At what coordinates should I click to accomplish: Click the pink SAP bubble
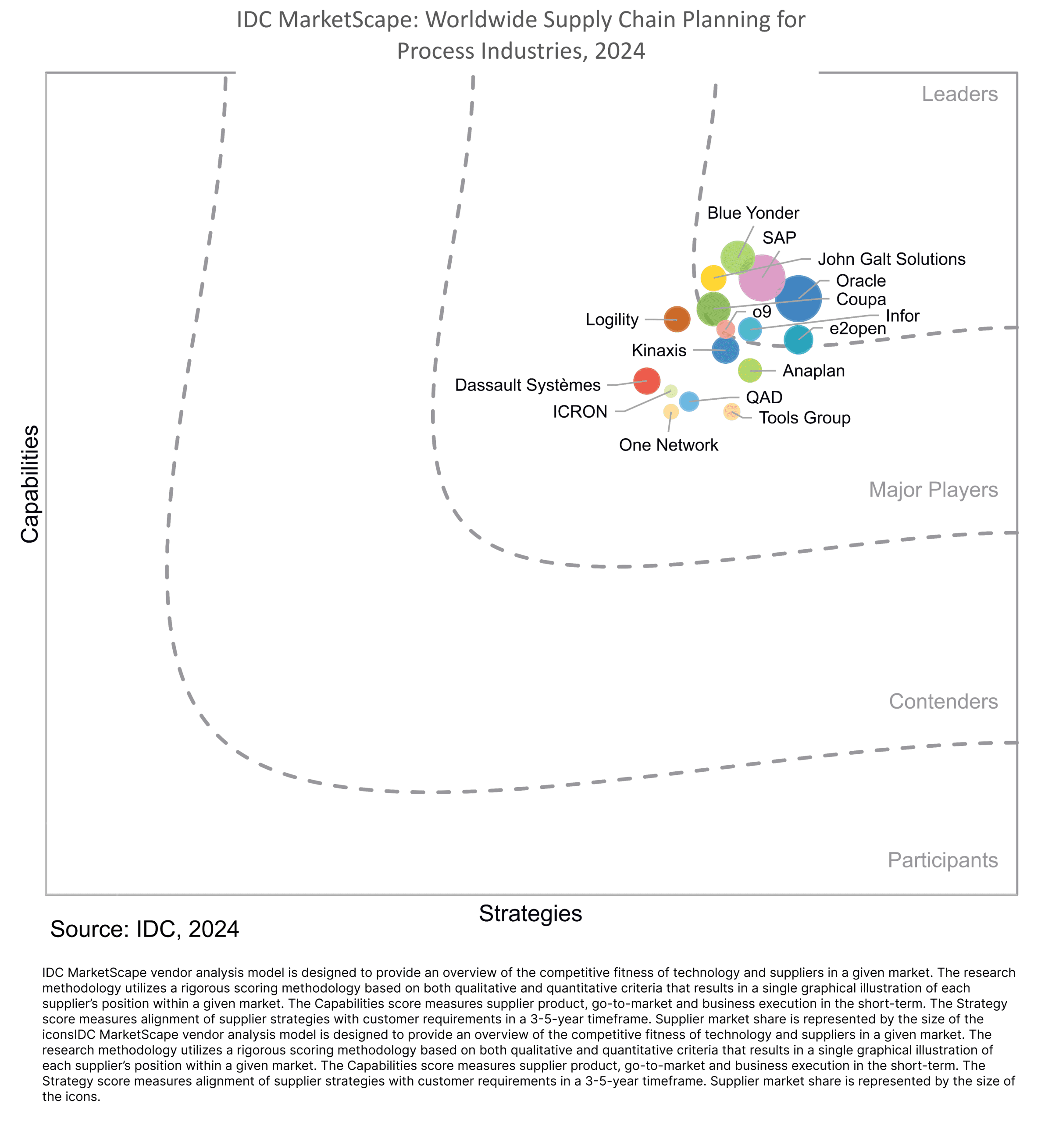[x=762, y=277]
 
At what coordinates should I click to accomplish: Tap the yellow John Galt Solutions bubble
[x=713, y=278]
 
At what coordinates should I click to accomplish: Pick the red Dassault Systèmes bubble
[x=647, y=381]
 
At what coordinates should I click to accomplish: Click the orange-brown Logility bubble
[x=677, y=319]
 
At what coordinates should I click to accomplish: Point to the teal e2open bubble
[x=798, y=340]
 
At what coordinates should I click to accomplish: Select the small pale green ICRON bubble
[x=670, y=391]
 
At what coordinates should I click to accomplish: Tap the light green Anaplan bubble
[x=750, y=370]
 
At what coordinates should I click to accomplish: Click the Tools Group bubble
[x=731, y=412]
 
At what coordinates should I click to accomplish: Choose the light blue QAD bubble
[x=689, y=401]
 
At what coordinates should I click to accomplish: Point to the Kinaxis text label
[x=659, y=350]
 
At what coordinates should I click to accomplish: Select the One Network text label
[x=668, y=445]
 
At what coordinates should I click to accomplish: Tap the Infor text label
[x=902, y=316]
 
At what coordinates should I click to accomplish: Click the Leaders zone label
[x=959, y=94]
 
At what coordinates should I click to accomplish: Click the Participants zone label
[x=942, y=860]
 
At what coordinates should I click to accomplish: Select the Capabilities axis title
[x=30, y=484]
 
